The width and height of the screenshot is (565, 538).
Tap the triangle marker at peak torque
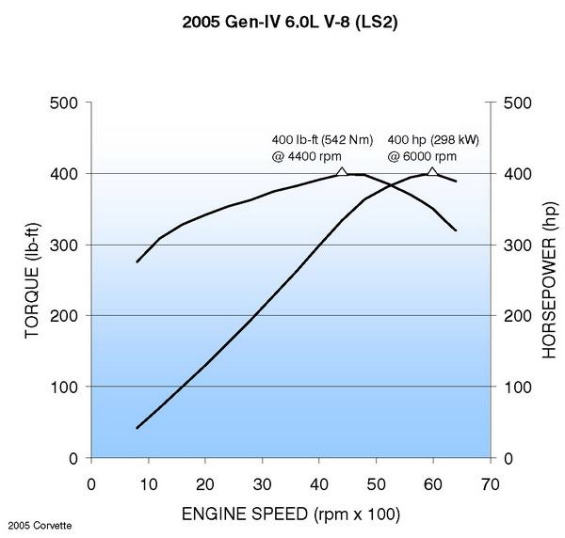tap(342, 171)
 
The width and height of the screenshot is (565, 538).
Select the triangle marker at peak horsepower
tap(432, 171)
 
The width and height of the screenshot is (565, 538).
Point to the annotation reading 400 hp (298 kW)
tap(432, 140)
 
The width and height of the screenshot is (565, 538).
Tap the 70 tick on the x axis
tap(490, 483)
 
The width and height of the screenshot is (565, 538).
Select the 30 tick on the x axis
tap(262, 483)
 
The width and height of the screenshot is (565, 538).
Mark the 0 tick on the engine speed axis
tap(91, 483)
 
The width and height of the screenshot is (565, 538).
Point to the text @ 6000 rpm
tap(418, 156)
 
